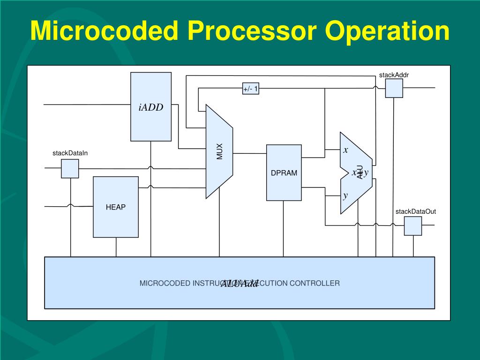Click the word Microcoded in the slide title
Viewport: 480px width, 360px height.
click(x=104, y=31)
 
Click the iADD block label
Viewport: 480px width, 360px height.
click(x=151, y=107)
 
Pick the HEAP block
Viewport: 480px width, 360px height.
click(x=116, y=207)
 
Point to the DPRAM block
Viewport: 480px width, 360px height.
click(x=284, y=172)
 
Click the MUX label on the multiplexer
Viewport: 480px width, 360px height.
click(x=219, y=151)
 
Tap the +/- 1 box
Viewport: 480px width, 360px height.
click(x=251, y=88)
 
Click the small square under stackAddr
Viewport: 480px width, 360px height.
click(x=394, y=88)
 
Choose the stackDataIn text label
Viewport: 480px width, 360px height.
click(x=70, y=153)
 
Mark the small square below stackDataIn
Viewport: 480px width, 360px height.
click(x=70, y=168)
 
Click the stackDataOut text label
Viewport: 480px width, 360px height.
click(x=416, y=211)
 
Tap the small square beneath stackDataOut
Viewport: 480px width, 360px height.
click(x=413, y=225)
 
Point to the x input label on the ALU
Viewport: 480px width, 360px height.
click(x=346, y=150)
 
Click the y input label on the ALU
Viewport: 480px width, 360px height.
click(x=345, y=195)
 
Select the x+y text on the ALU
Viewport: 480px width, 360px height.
click(x=360, y=172)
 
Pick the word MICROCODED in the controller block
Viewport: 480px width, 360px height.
click(x=165, y=283)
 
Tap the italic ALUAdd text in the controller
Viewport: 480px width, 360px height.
click(x=240, y=284)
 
